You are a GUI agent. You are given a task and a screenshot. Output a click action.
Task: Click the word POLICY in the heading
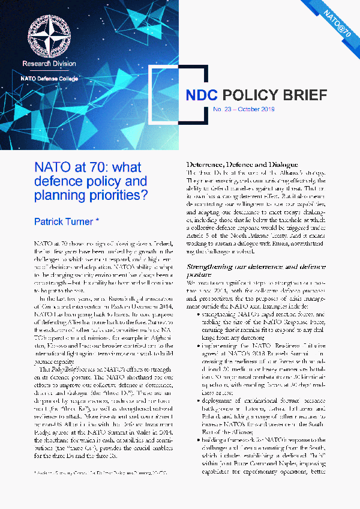click(x=248, y=96)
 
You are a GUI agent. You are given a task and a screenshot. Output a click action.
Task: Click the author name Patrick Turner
click(x=62, y=222)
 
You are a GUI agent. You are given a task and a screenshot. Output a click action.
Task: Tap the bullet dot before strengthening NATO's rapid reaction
click(x=199, y=313)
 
